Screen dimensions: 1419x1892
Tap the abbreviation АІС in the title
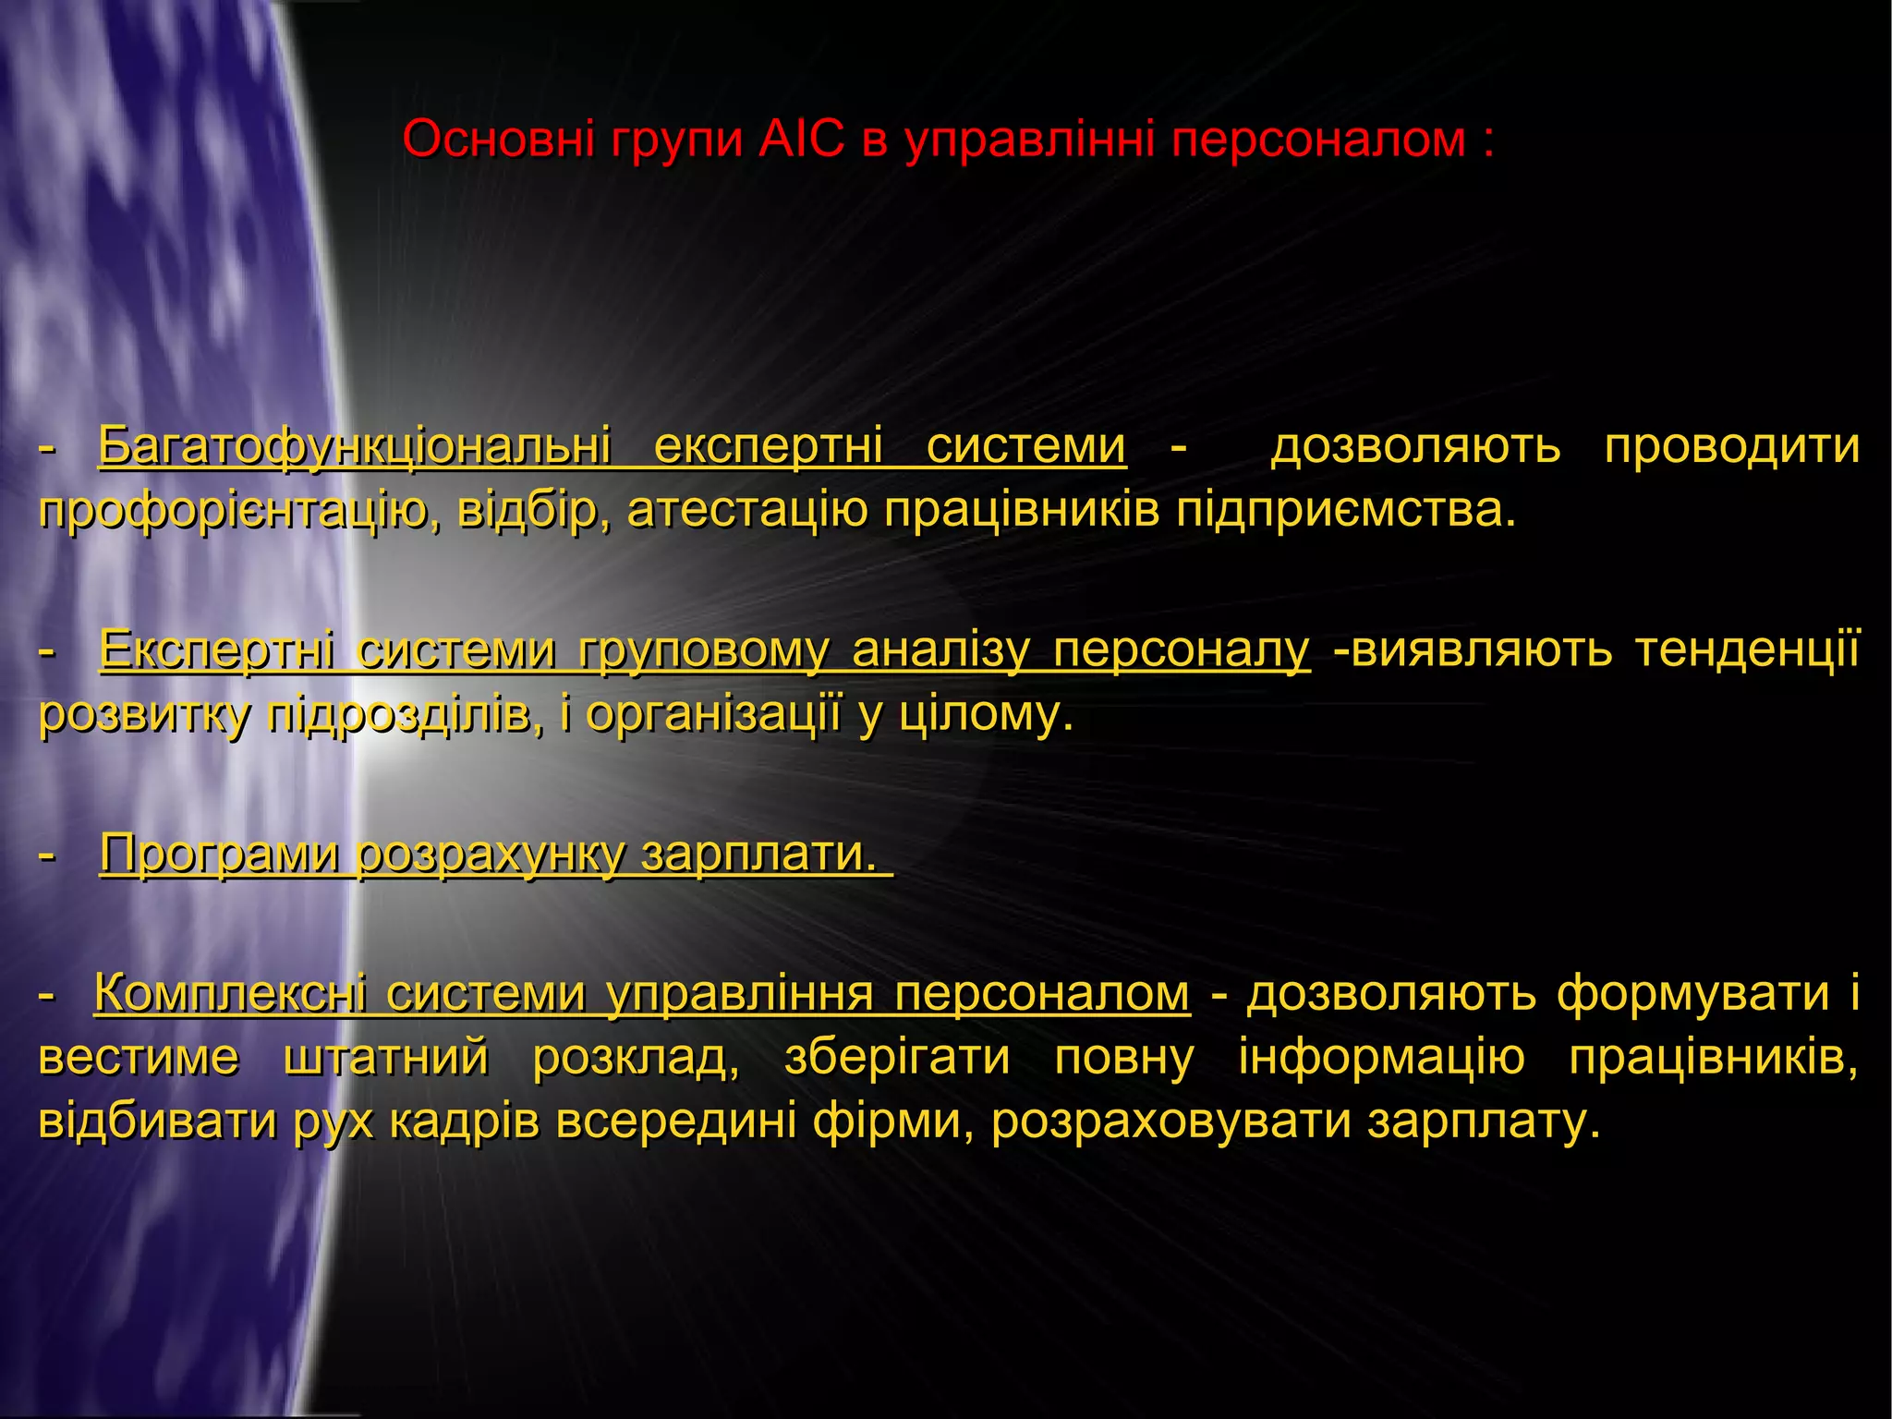801,140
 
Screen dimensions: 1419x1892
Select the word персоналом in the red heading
1320,140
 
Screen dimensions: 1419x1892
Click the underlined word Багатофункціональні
355,447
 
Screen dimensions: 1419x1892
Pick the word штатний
385,1058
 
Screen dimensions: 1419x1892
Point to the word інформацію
1381,1058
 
